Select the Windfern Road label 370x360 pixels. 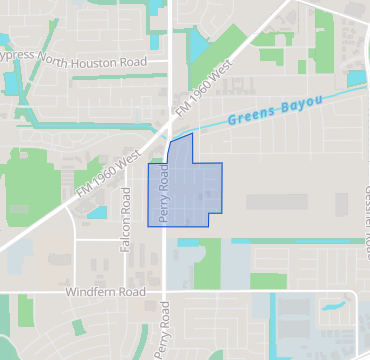click(105, 292)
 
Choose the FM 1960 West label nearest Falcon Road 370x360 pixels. click(108, 172)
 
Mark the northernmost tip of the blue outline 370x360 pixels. click(191, 133)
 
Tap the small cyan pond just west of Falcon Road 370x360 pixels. click(97, 212)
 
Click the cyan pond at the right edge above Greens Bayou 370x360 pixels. click(356, 77)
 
